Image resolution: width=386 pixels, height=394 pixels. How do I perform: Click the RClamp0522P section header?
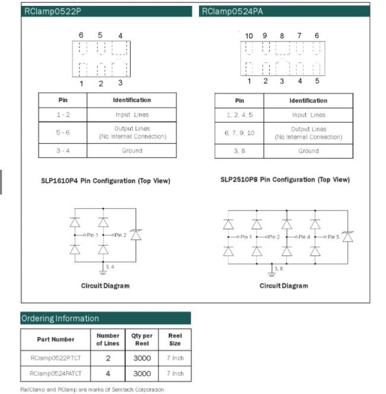106,11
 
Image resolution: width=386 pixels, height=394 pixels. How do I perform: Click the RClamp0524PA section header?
285,11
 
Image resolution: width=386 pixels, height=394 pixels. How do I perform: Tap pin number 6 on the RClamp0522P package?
81,36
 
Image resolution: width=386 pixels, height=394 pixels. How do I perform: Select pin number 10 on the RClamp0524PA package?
249,36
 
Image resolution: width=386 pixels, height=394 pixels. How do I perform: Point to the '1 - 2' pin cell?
63,115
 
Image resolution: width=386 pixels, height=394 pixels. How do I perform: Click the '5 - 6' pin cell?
63,132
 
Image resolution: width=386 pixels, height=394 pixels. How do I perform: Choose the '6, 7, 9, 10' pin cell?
239,133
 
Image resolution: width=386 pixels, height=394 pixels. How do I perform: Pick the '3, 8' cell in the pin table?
239,151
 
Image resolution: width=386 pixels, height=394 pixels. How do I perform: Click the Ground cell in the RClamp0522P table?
132,151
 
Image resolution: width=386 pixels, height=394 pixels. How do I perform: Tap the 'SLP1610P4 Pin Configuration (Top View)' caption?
105,181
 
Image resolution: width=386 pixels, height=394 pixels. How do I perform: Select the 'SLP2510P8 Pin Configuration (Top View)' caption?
284,179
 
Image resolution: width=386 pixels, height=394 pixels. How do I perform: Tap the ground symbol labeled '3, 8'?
273,271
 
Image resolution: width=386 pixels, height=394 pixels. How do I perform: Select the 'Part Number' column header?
55,339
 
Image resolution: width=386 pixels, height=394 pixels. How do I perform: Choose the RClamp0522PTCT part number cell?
55,358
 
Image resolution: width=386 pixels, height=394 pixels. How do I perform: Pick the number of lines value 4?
107,374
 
